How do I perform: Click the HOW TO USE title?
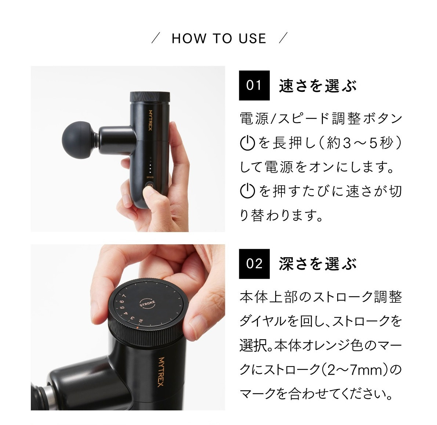point(219,39)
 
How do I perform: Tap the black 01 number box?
point(254,86)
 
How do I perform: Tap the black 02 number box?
point(254,264)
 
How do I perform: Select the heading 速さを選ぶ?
point(317,86)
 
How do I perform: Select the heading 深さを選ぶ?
point(317,264)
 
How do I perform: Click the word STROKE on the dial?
point(148,303)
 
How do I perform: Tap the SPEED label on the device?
point(150,177)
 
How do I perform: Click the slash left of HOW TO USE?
point(156,38)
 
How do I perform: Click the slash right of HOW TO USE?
point(283,38)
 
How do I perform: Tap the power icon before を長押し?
point(247,143)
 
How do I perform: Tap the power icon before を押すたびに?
point(247,191)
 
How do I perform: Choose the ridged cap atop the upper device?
point(150,97)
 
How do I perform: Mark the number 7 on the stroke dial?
point(124,296)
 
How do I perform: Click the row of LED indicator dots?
point(150,166)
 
